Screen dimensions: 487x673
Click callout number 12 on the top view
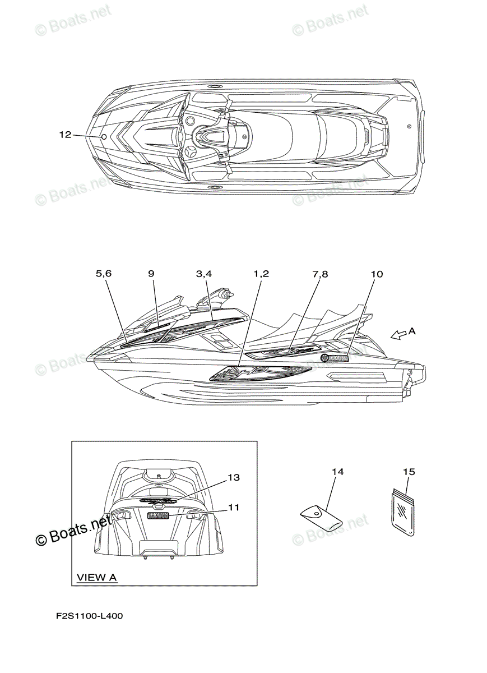65,135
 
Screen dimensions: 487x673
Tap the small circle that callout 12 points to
104,137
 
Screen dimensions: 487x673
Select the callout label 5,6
104,274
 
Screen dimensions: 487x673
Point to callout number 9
151,274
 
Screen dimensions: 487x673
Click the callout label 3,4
204,274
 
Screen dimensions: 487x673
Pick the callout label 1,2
261,274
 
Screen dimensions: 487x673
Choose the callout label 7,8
320,274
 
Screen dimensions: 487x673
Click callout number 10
377,274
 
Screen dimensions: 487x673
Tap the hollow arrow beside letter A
398,335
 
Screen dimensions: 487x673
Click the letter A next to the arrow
412,331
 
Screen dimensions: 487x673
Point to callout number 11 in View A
234,507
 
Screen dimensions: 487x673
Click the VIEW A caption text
96,577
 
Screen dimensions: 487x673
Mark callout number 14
337,472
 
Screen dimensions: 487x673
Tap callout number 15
409,472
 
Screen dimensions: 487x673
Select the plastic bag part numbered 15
403,511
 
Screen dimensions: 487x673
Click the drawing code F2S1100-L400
90,616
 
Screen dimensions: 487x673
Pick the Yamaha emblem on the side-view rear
335,358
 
